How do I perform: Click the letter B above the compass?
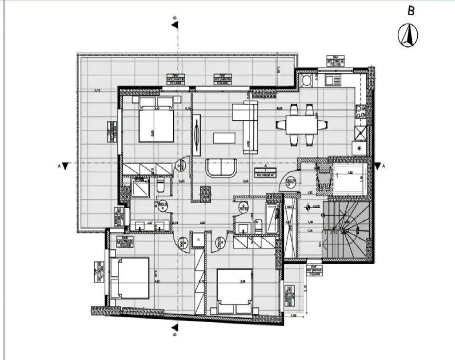(x=411, y=11)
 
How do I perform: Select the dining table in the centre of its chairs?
(x=301, y=125)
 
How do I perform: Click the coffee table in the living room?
(x=224, y=138)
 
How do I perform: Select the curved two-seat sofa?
(x=222, y=168)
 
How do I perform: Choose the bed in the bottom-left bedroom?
(x=129, y=278)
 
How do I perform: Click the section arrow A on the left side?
(x=65, y=166)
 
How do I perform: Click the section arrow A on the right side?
(x=378, y=166)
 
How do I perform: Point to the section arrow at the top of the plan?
(x=176, y=24)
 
